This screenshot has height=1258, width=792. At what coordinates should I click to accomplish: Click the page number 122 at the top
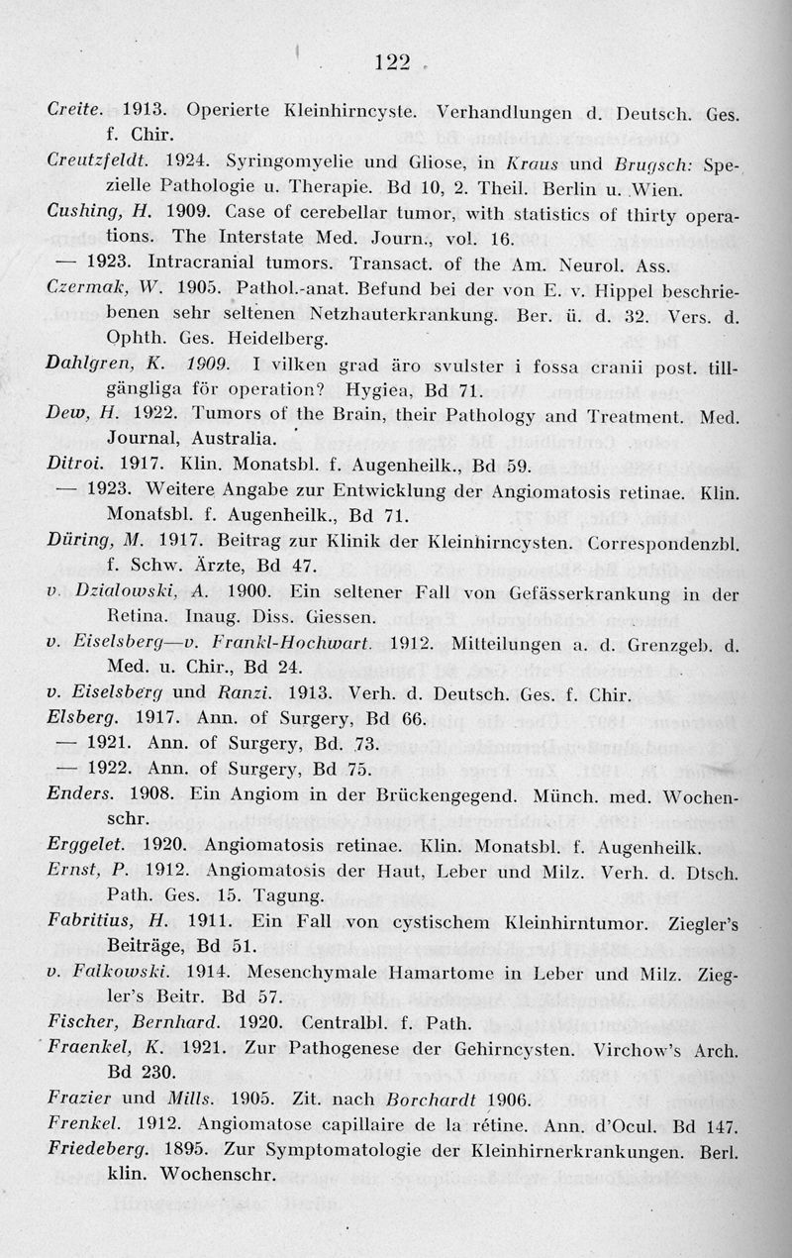(394, 62)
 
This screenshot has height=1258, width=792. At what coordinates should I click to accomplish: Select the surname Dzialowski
(134, 592)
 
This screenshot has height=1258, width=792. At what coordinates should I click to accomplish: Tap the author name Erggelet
(85, 847)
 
